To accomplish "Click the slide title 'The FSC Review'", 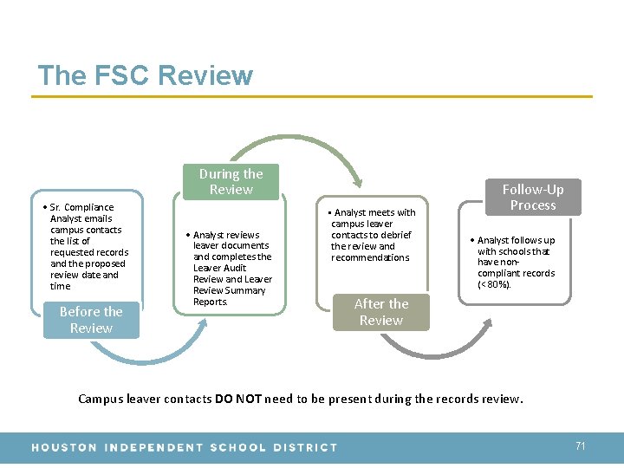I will tap(145, 75).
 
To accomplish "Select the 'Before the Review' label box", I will tap(91, 320).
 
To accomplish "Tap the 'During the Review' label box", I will tap(231, 182).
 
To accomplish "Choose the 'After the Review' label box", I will tap(380, 312).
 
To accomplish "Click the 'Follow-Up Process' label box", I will tap(532, 198).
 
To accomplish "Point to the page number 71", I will tap(581, 445).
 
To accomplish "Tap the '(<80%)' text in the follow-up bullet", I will tap(494, 284).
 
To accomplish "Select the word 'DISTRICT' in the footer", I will tap(305, 447).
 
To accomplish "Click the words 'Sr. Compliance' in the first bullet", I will tap(81, 207).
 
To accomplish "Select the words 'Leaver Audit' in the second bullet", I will tap(219, 268).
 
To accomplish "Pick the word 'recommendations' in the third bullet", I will tap(370, 257).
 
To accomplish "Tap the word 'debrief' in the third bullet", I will tap(395, 235).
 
